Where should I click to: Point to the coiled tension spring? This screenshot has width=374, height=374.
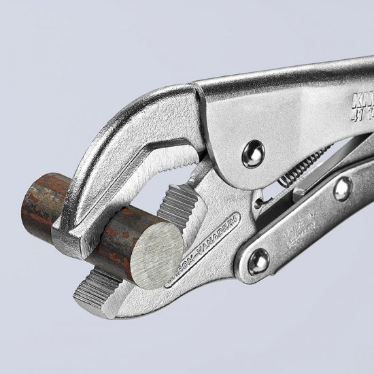pyautogui.click(x=300, y=166)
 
